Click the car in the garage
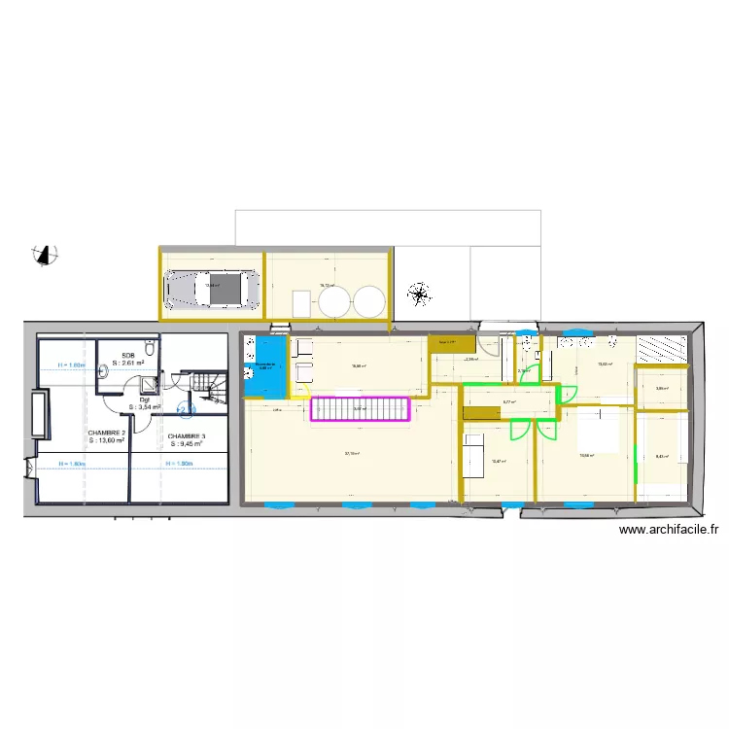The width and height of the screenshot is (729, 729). (215, 287)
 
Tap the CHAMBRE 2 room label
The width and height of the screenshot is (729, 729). (106, 433)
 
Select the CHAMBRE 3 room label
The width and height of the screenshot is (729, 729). (187, 436)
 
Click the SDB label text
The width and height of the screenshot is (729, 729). (127, 355)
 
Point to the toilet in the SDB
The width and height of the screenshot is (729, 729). (149, 348)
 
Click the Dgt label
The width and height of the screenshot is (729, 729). (144, 399)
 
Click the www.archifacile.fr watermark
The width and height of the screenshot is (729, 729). (668, 531)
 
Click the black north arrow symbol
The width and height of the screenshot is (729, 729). (44, 255)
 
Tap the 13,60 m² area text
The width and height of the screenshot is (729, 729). (107, 441)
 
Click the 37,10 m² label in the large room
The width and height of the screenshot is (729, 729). (352, 453)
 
